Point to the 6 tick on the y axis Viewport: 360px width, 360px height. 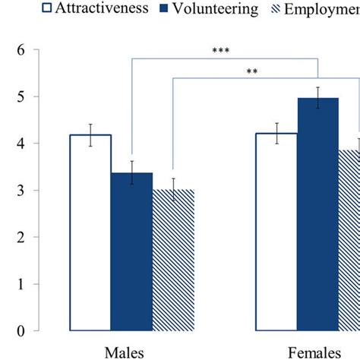[x=30, y=50]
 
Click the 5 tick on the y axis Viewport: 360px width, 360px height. [x=30, y=97]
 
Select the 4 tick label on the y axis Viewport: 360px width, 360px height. [x=30, y=144]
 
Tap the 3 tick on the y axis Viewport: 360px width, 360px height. [x=30, y=191]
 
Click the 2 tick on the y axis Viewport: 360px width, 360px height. [x=30, y=237]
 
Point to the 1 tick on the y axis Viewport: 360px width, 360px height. [x=30, y=284]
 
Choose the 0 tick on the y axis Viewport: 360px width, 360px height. [x=30, y=331]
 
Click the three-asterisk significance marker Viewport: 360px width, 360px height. [x=221, y=52]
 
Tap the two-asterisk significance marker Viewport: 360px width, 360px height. [x=251, y=73]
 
